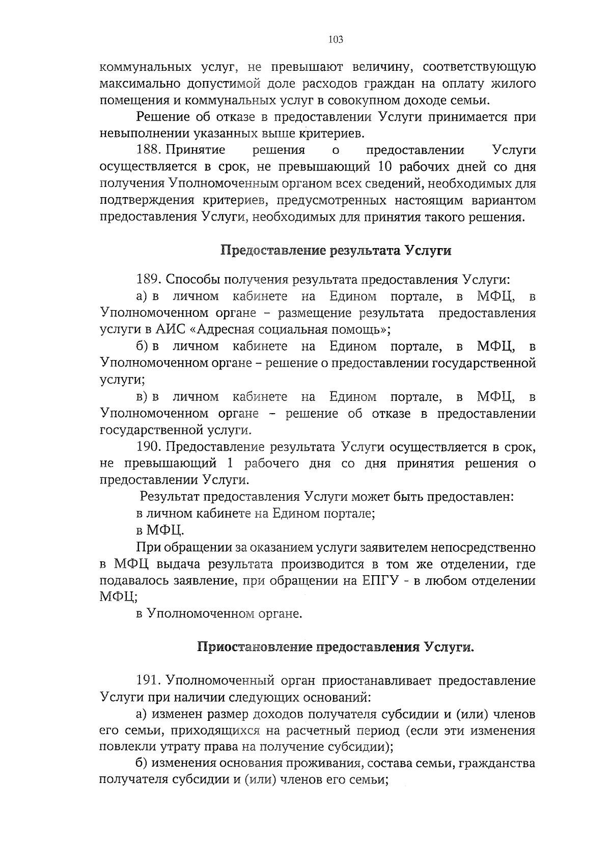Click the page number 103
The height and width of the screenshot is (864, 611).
(336, 39)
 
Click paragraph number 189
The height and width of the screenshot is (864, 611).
(149, 279)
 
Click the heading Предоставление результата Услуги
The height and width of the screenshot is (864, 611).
(336, 250)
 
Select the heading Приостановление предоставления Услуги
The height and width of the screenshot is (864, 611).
(336, 647)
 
